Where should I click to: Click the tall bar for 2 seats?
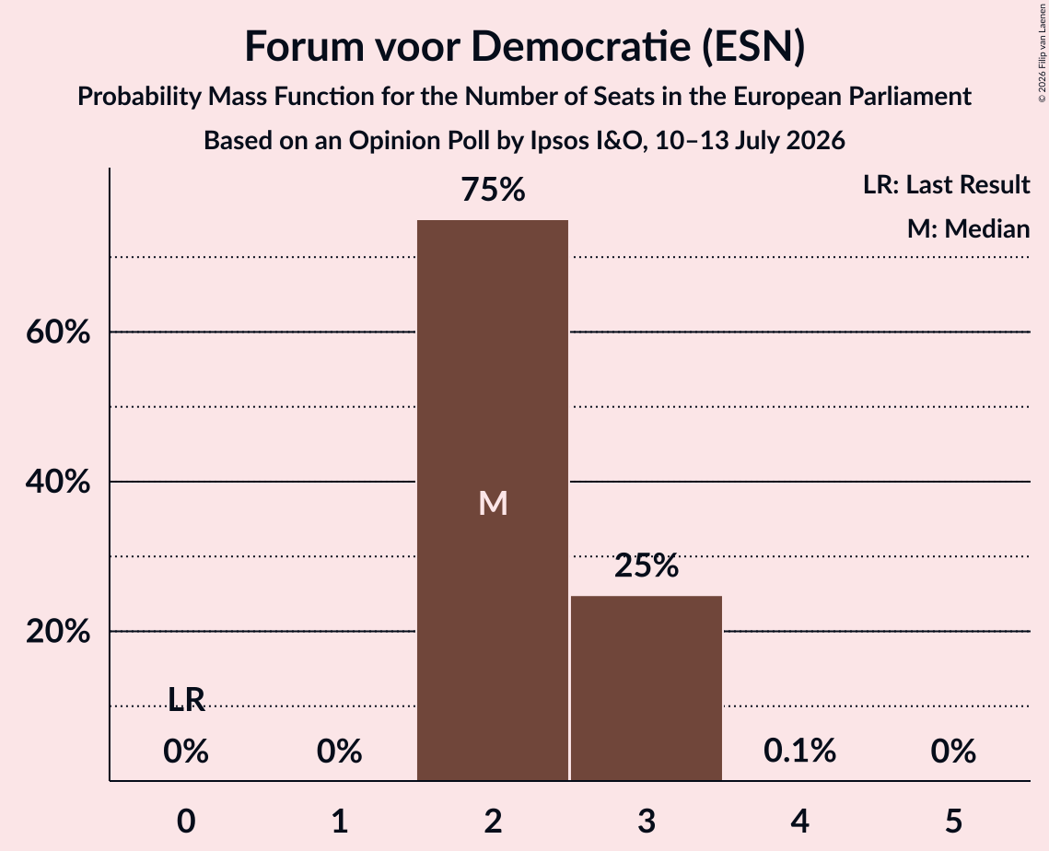pos(493,500)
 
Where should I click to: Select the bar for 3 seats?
pos(647,688)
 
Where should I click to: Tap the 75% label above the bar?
pos(493,190)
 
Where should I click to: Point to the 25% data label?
pos(647,566)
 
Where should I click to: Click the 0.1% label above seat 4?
pos(799,751)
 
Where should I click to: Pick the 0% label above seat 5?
pos(953,751)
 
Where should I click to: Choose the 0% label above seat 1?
pos(339,751)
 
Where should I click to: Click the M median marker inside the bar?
pos(493,503)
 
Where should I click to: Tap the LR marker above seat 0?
pos(186,699)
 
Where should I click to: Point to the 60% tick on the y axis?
pos(58,332)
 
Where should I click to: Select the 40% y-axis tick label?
pos(58,482)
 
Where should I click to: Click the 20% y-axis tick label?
pos(58,631)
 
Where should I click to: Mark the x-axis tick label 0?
pos(186,821)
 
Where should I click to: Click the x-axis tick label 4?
pos(800,821)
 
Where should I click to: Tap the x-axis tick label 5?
pos(953,821)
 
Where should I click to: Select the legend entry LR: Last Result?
pos(946,184)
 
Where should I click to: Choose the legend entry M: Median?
pos(968,228)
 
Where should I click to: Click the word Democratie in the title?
pos(581,46)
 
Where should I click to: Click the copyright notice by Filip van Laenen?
pos(1042,52)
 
